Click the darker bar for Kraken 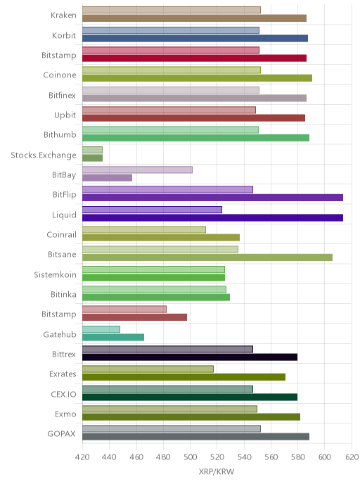pyautogui.click(x=194, y=18)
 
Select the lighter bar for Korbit pyautogui.click(x=171, y=30)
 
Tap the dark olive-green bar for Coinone pyautogui.click(x=197, y=78)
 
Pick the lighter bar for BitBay pyautogui.click(x=137, y=170)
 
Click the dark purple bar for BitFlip pyautogui.click(x=212, y=198)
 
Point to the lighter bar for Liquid pyautogui.click(x=152, y=210)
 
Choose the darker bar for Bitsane pyautogui.click(x=207, y=257)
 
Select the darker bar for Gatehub pyautogui.click(x=113, y=337)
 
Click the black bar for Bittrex pyautogui.click(x=190, y=357)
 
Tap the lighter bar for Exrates pyautogui.click(x=148, y=369)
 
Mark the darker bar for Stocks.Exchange pyautogui.click(x=93, y=158)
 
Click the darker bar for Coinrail pyautogui.click(x=161, y=237)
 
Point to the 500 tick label pyautogui.click(x=190, y=457)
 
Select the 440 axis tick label pyautogui.click(x=109, y=457)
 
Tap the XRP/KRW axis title pyautogui.click(x=217, y=472)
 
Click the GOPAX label pyautogui.click(x=61, y=434)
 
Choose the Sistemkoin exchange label pyautogui.click(x=55, y=274)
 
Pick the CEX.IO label pyautogui.click(x=63, y=394)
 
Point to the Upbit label pyautogui.click(x=65, y=115)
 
